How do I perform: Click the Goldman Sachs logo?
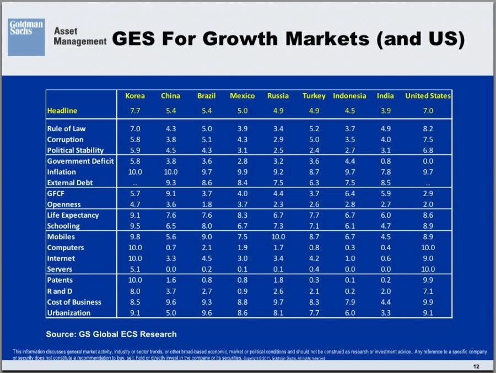coord(26,37)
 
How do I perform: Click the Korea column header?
coord(135,96)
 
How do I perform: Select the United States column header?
coord(428,96)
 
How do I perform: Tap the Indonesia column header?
coord(349,96)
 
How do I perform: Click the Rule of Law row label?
coord(66,129)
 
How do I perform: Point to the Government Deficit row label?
coord(80,161)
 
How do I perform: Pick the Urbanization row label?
coord(68,313)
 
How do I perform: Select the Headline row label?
coord(62,111)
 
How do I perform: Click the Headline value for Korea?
coord(135,111)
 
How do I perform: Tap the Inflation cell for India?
coord(385,172)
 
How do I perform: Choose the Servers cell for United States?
coord(428,269)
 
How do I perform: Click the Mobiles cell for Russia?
coord(278,237)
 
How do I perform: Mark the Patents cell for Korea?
coord(135,280)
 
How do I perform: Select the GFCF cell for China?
coord(170,194)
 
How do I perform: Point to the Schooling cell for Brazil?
coord(206,226)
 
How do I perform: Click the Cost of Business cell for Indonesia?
coord(349,302)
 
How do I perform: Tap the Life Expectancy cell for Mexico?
coord(242,215)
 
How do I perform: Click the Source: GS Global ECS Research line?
coord(111,334)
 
